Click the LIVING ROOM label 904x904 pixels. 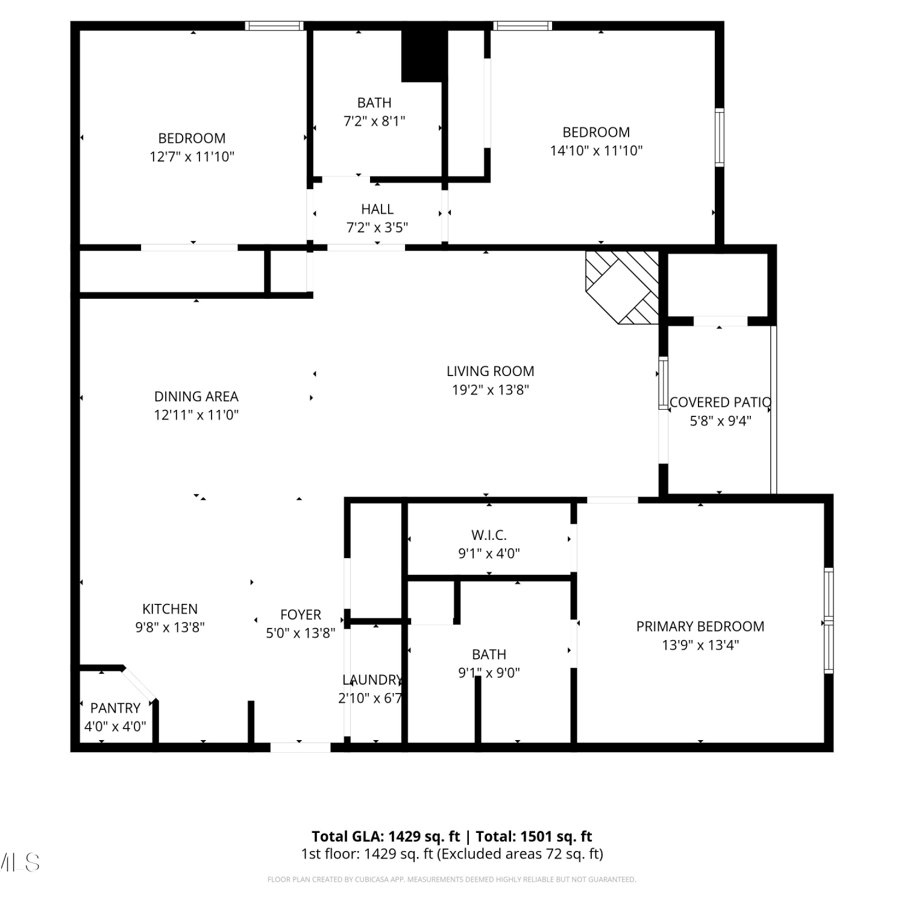tap(490, 371)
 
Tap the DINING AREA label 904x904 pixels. tap(196, 397)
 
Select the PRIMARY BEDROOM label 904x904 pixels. tap(700, 627)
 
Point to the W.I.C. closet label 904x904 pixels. tap(489, 535)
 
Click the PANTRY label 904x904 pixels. tap(115, 708)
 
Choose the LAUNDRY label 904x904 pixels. tap(372, 680)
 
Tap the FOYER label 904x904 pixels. tap(301, 615)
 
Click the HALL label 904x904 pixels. tap(377, 209)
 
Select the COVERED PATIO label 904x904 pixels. tap(720, 403)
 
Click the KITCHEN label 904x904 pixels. tap(170, 609)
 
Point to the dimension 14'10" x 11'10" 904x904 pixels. tap(596, 151)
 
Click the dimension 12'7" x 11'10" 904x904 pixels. tap(192, 157)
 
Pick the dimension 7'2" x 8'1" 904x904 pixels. tap(374, 121)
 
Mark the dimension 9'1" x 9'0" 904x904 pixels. tap(489, 673)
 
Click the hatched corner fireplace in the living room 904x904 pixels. tap(622, 287)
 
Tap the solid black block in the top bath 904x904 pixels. tap(424, 55)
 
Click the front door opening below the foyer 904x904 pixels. tap(300, 747)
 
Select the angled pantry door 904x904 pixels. tap(139, 684)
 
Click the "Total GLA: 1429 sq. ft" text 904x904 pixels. tap(386, 837)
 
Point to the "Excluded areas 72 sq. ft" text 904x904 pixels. tap(520, 854)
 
